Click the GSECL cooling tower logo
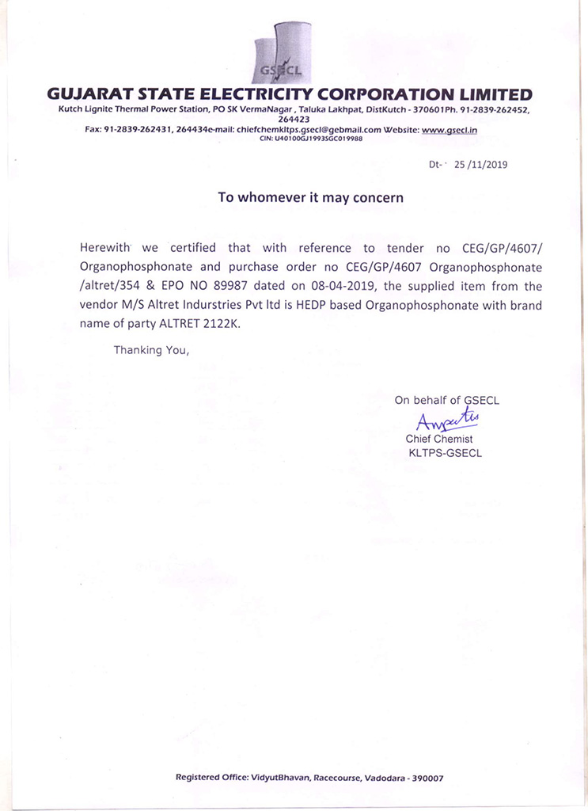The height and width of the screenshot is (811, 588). (278, 54)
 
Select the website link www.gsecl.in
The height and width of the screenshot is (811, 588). (450, 129)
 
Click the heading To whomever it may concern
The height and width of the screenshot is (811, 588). (310, 198)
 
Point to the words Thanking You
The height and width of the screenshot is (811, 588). (151, 349)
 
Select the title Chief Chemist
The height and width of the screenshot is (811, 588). (439, 439)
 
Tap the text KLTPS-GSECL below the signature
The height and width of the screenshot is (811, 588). (445, 453)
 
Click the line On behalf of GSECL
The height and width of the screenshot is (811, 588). (446, 400)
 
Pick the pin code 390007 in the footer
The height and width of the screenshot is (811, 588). (427, 778)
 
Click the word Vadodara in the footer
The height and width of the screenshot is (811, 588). (374, 778)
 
